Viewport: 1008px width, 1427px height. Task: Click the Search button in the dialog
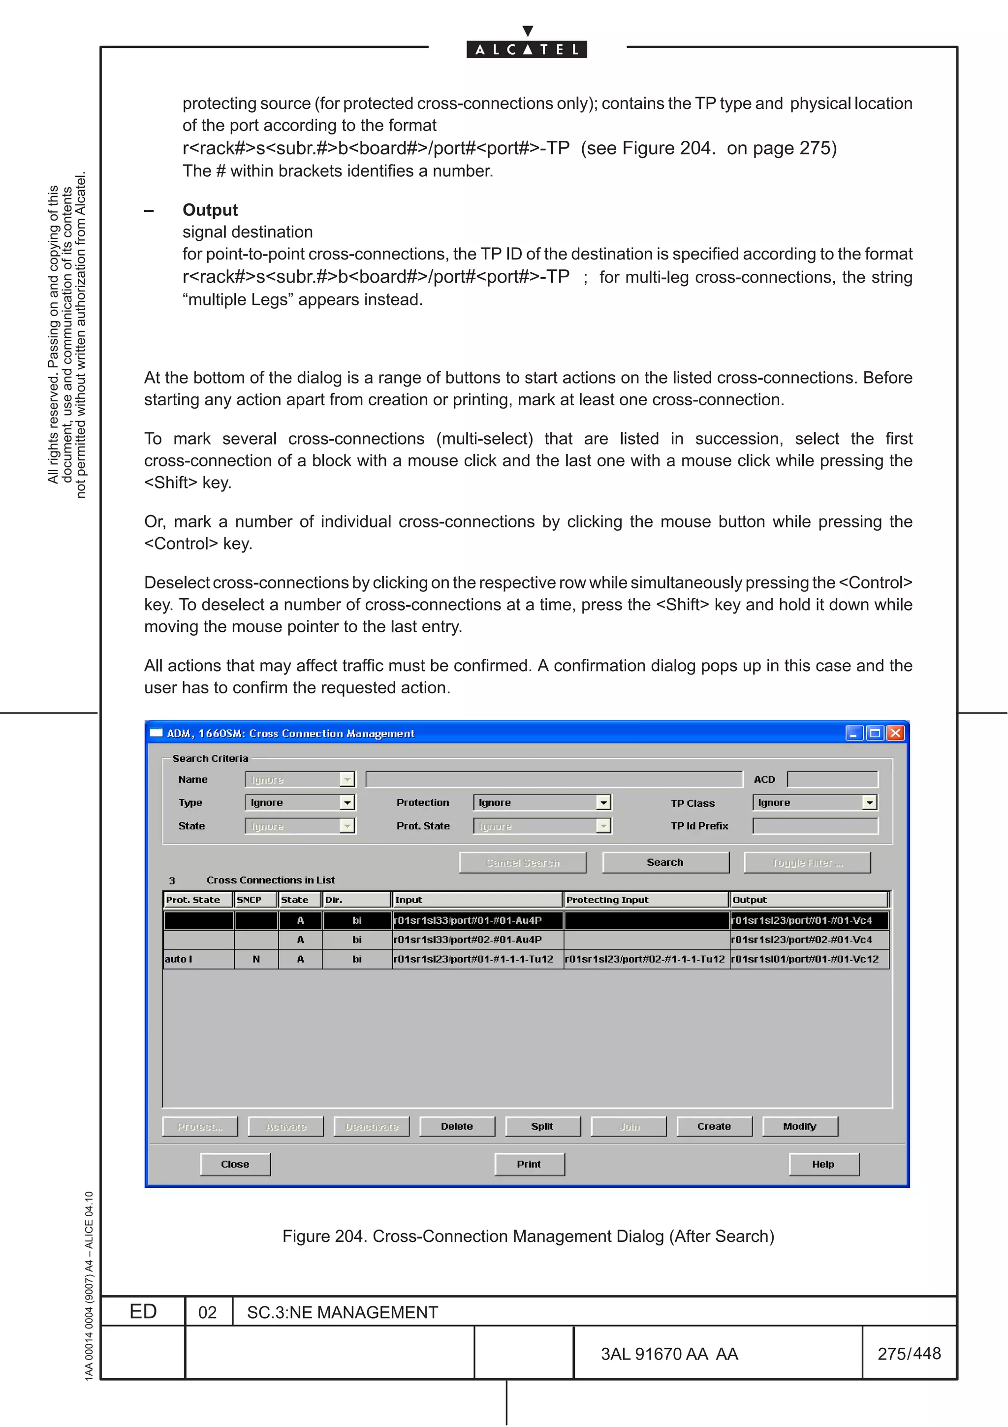point(665,862)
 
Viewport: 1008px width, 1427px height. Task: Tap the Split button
point(542,1126)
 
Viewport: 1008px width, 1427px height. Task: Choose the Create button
point(714,1126)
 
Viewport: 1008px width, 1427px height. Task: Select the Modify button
point(799,1126)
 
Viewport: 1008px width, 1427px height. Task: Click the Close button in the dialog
point(235,1164)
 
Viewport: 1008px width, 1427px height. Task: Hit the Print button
point(529,1164)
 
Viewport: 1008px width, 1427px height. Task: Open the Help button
point(823,1164)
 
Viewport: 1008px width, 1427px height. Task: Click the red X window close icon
point(895,733)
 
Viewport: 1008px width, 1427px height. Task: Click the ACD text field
point(832,779)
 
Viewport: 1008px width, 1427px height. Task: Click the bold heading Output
point(210,210)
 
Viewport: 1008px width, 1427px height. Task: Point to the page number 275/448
point(909,1353)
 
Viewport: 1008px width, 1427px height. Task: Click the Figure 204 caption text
point(528,1236)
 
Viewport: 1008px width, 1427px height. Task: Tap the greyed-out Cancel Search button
point(522,862)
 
